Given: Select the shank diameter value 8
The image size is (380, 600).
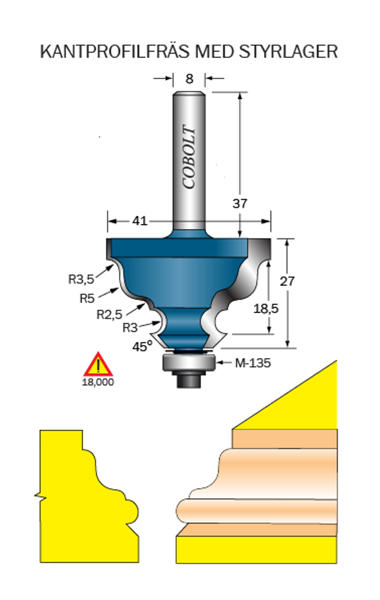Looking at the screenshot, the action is (x=189, y=79).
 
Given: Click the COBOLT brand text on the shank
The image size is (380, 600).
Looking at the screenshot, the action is (x=189, y=157).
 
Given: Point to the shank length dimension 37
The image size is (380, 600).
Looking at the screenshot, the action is (x=240, y=203).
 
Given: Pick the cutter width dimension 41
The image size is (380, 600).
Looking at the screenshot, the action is (x=139, y=221).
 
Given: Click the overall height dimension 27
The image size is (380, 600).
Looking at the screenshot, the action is (x=287, y=281).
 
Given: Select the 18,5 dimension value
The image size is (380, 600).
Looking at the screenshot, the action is (x=266, y=308).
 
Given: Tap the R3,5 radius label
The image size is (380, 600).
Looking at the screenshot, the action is (x=81, y=279).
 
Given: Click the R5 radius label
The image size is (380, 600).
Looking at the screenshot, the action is (x=87, y=298).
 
